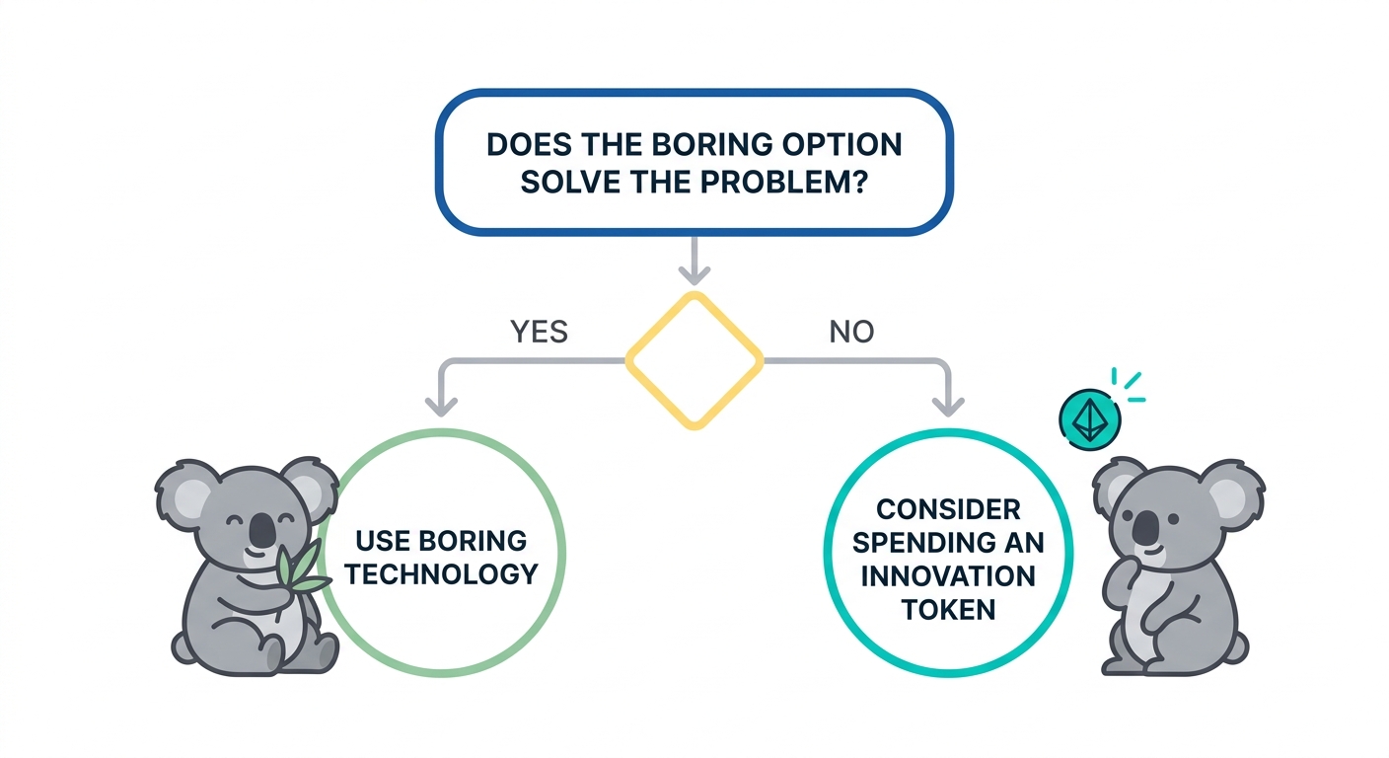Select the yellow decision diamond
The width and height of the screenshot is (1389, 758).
pos(695,360)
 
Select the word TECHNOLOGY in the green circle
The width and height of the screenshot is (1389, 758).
pos(441,573)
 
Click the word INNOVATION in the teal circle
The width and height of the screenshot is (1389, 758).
pos(948,575)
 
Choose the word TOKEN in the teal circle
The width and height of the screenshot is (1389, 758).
pos(948,609)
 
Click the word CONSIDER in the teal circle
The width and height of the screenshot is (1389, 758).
pos(948,509)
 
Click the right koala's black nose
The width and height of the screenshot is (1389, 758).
pos(1145,529)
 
